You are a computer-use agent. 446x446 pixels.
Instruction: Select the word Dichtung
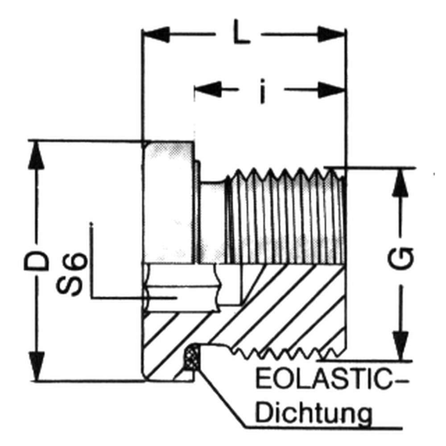click(x=315, y=414)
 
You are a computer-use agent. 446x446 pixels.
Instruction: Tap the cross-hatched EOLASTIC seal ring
click(x=192, y=357)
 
